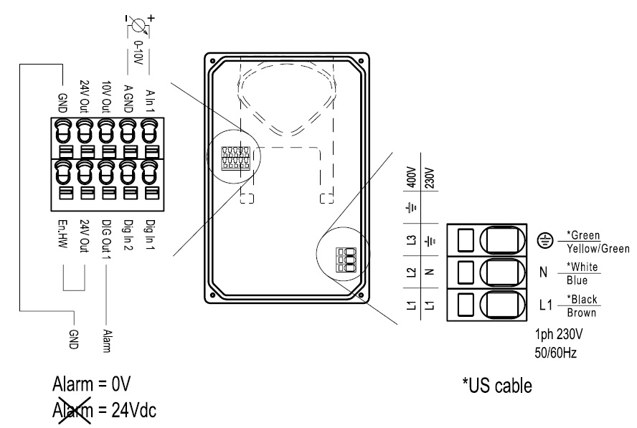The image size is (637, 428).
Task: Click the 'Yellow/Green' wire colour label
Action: tap(598, 248)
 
